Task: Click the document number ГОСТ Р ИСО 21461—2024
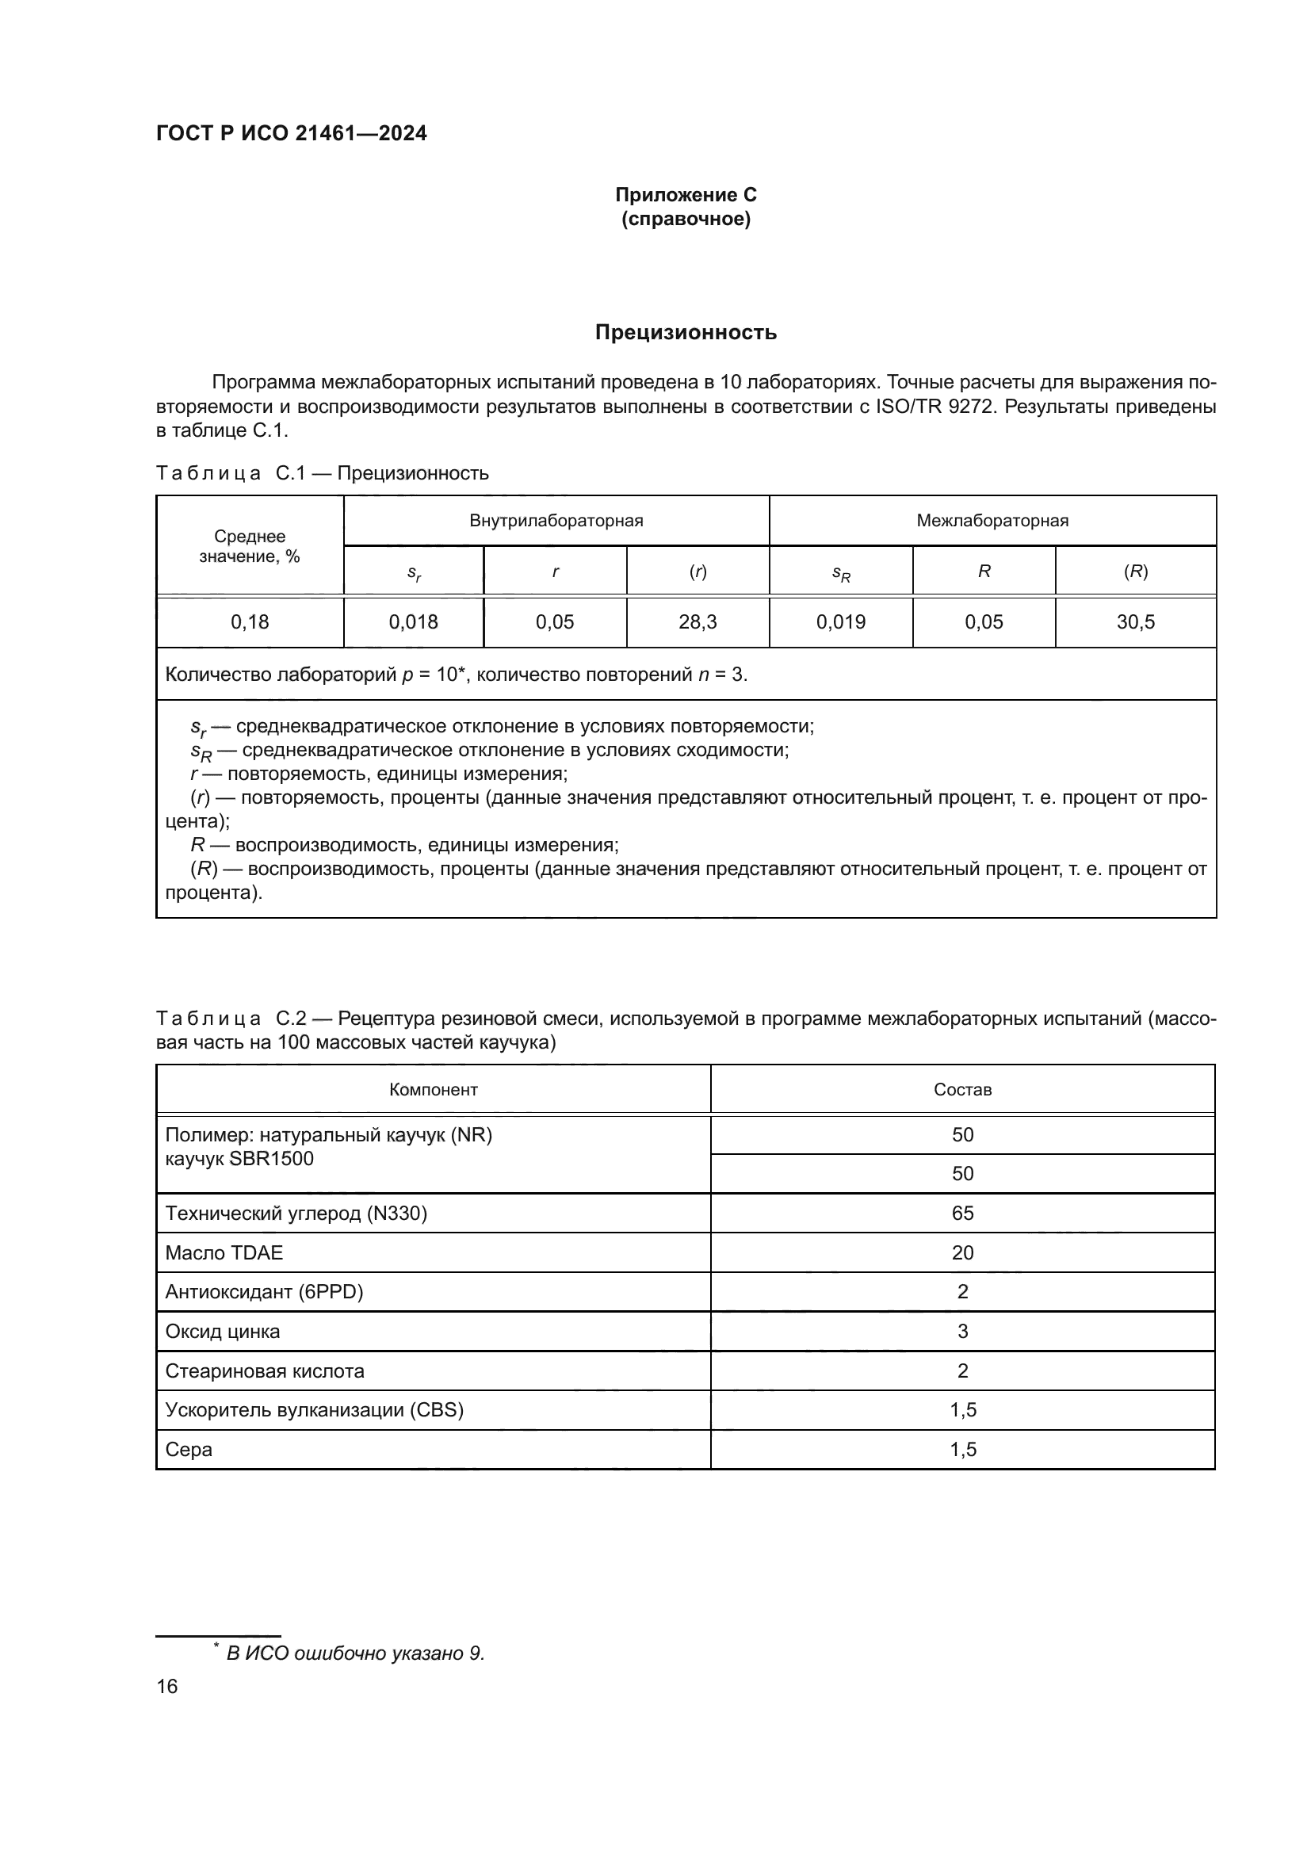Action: coord(292,133)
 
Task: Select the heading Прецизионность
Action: coord(686,333)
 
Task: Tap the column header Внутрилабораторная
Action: coord(556,521)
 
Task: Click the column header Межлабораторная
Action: coord(992,521)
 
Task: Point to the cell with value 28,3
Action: coord(698,621)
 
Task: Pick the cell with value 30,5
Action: coord(1135,621)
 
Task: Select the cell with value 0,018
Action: coord(413,621)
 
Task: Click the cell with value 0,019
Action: coord(840,621)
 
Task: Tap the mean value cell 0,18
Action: coord(250,621)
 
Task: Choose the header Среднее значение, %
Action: coord(250,547)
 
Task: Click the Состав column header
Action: coord(962,1090)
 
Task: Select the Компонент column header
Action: coord(434,1090)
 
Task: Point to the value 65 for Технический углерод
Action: coord(962,1214)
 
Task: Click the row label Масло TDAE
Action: coord(224,1253)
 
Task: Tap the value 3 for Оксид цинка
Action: coord(962,1332)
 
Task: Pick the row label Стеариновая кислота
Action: coord(265,1371)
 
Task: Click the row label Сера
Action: coord(189,1450)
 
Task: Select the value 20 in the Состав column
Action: coord(962,1253)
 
